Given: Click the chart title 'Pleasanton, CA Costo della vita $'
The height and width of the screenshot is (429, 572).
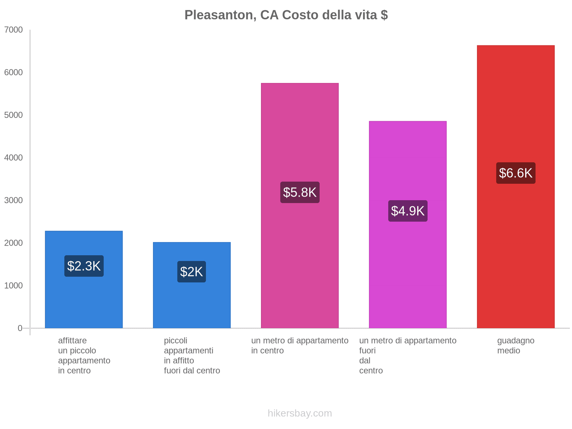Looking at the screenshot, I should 286,15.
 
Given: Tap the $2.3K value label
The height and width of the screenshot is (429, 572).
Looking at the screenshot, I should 84,266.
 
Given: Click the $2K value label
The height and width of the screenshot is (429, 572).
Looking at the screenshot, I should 192,272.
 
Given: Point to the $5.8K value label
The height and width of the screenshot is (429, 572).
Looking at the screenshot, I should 300,192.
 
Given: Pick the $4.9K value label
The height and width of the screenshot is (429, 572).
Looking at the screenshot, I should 408,211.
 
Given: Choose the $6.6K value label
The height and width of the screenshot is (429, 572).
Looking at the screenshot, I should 516,173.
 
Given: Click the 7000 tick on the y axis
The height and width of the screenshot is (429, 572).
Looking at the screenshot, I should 14,30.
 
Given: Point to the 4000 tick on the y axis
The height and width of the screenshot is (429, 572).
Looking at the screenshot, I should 14,158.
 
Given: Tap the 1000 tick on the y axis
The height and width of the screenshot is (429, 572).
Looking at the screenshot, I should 14,286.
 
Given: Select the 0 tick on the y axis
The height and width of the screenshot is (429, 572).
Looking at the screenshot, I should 20,328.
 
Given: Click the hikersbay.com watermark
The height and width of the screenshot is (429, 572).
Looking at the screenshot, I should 300,413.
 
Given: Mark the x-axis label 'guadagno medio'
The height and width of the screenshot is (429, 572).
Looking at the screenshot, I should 516,346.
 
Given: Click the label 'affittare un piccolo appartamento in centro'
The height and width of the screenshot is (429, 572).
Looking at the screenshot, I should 84,355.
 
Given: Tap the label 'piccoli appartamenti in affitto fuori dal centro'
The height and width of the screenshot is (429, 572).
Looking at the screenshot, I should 192,355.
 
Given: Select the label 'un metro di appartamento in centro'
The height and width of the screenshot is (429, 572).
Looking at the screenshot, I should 300,346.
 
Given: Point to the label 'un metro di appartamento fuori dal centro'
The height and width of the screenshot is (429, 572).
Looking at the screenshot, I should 408,355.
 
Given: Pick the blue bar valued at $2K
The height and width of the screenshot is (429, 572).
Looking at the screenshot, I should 192,304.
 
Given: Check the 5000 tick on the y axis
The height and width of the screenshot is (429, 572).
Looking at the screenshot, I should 14,115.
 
